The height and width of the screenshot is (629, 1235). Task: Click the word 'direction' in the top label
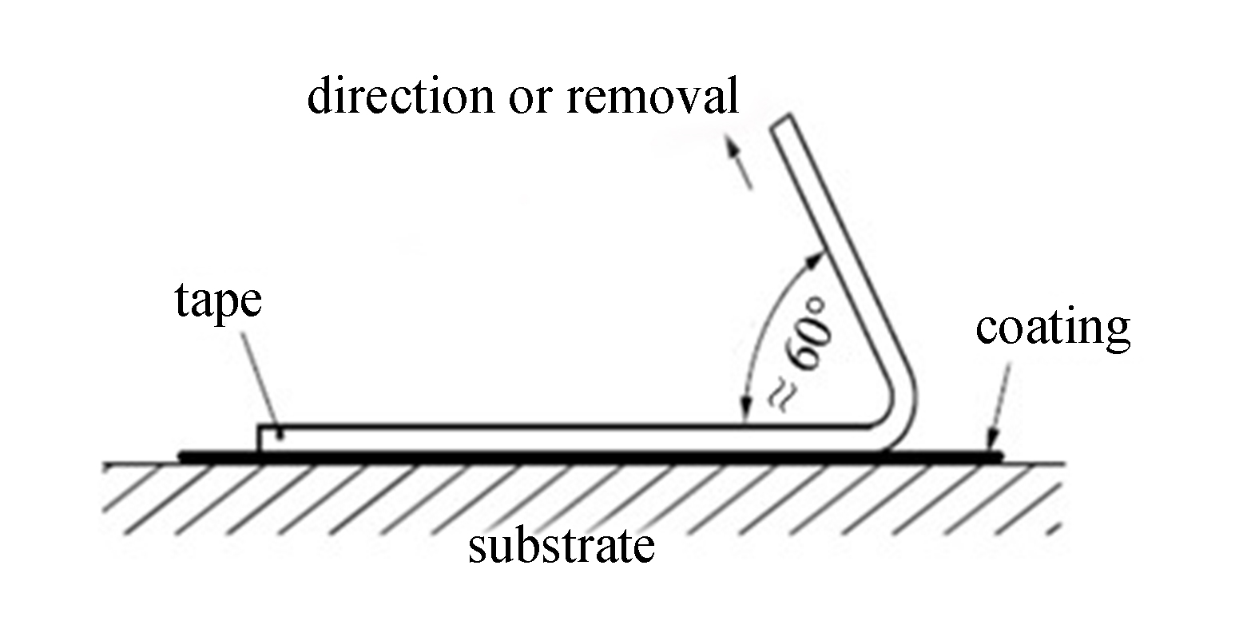tap(400, 97)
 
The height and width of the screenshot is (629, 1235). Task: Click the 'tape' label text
tap(217, 304)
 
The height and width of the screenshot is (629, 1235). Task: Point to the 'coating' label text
tap(1052, 328)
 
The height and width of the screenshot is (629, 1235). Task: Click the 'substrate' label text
tap(561, 547)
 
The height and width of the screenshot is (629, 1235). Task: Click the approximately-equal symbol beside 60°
tap(780, 394)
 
